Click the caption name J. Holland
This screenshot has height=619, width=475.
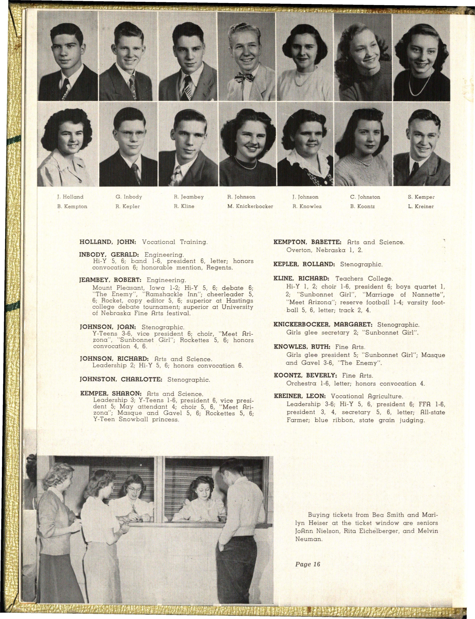pyautogui.click(x=70, y=197)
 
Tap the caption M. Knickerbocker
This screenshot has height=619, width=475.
pyautogui.click(x=250, y=207)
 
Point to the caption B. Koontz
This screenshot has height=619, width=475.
pyautogui.click(x=362, y=207)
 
